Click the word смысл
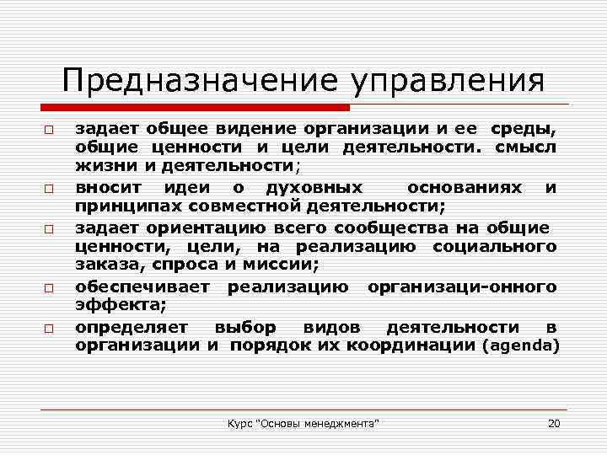click(525, 148)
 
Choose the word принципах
click(122, 206)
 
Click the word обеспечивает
click(146, 287)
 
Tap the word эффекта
click(110, 306)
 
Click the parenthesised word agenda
click(520, 345)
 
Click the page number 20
click(554, 422)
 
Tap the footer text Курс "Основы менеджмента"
click(303, 422)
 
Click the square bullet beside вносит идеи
click(50, 189)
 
